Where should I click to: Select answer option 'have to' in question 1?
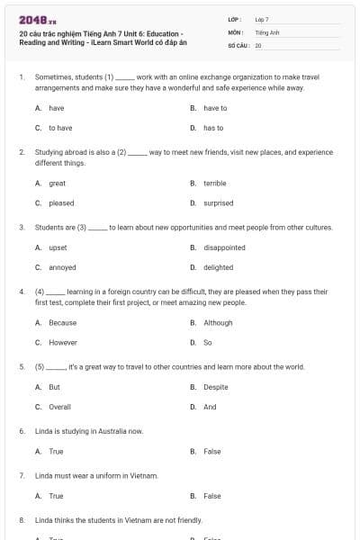[x=215, y=108]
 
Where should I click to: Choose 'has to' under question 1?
[x=213, y=128]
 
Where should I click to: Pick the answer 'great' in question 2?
[x=57, y=183]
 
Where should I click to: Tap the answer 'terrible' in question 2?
[x=215, y=183]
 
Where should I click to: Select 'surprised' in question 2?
[x=219, y=203]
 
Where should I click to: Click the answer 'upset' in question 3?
[x=58, y=247]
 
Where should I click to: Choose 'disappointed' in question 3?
[x=224, y=247]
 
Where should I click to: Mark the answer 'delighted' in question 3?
[x=219, y=267]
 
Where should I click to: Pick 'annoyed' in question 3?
[x=62, y=267]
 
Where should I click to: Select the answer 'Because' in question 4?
[x=62, y=322]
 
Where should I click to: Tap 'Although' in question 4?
[x=218, y=322]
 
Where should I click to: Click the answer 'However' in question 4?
[x=63, y=342]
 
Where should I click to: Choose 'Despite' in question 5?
[x=216, y=387]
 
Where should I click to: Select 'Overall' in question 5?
[x=60, y=407]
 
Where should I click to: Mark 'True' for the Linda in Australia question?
[x=56, y=451]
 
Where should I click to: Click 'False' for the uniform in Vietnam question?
[x=212, y=496]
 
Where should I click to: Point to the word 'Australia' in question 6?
[x=111, y=431]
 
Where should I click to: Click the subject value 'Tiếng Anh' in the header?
[x=264, y=31]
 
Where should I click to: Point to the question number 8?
[x=22, y=520]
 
